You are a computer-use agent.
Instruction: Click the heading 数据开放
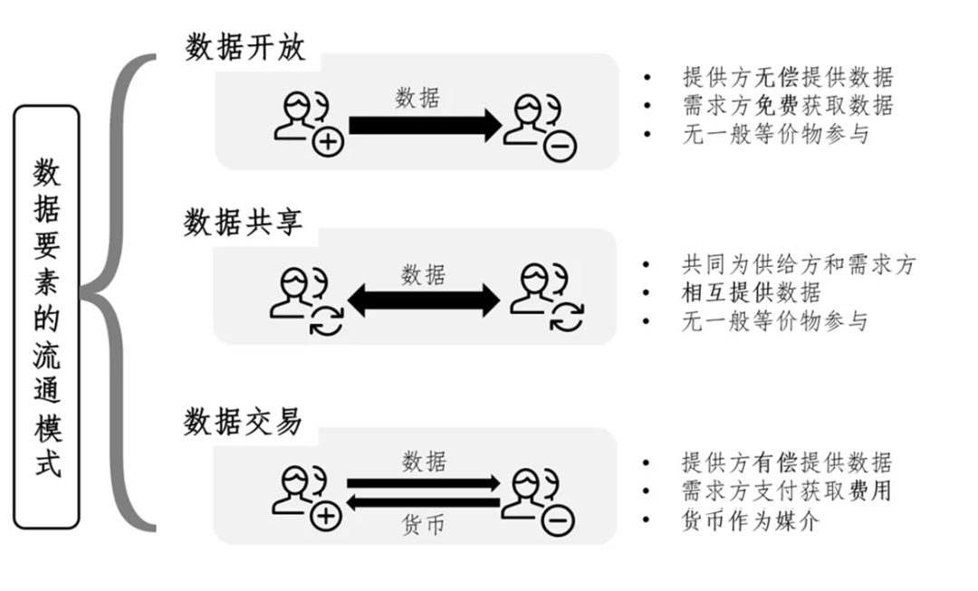(245, 47)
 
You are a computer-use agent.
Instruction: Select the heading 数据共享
(244, 223)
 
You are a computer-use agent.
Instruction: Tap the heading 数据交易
(244, 421)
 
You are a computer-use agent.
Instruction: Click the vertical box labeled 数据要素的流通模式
(46, 317)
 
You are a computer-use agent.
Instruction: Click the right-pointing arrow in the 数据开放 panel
(425, 125)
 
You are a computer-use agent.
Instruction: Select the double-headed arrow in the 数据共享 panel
(423, 300)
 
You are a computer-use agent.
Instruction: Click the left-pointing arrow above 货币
(423, 502)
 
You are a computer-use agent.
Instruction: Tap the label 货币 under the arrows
(424, 525)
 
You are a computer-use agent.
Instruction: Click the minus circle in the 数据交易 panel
(558, 520)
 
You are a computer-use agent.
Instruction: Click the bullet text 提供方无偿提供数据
(787, 77)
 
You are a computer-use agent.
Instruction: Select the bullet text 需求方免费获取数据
(787, 106)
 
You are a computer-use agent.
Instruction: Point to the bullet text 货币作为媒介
(751, 520)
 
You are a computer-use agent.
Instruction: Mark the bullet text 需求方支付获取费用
(787, 491)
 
